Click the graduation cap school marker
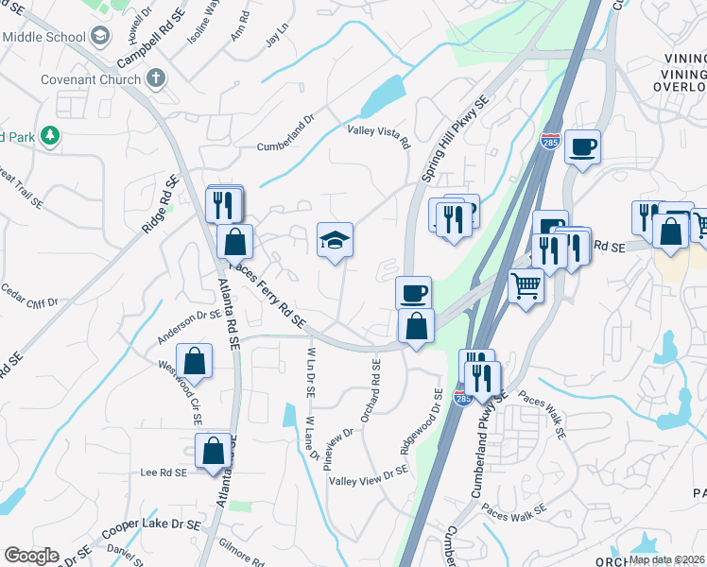coord(335,241)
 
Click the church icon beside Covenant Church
coord(156,79)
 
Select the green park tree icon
coord(49,137)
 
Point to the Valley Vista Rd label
coord(378,137)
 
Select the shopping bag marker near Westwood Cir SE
coord(194,361)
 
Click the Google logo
coord(31,556)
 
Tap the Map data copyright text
coord(666,559)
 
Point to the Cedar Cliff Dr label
coord(30,295)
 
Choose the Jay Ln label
coord(276,41)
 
